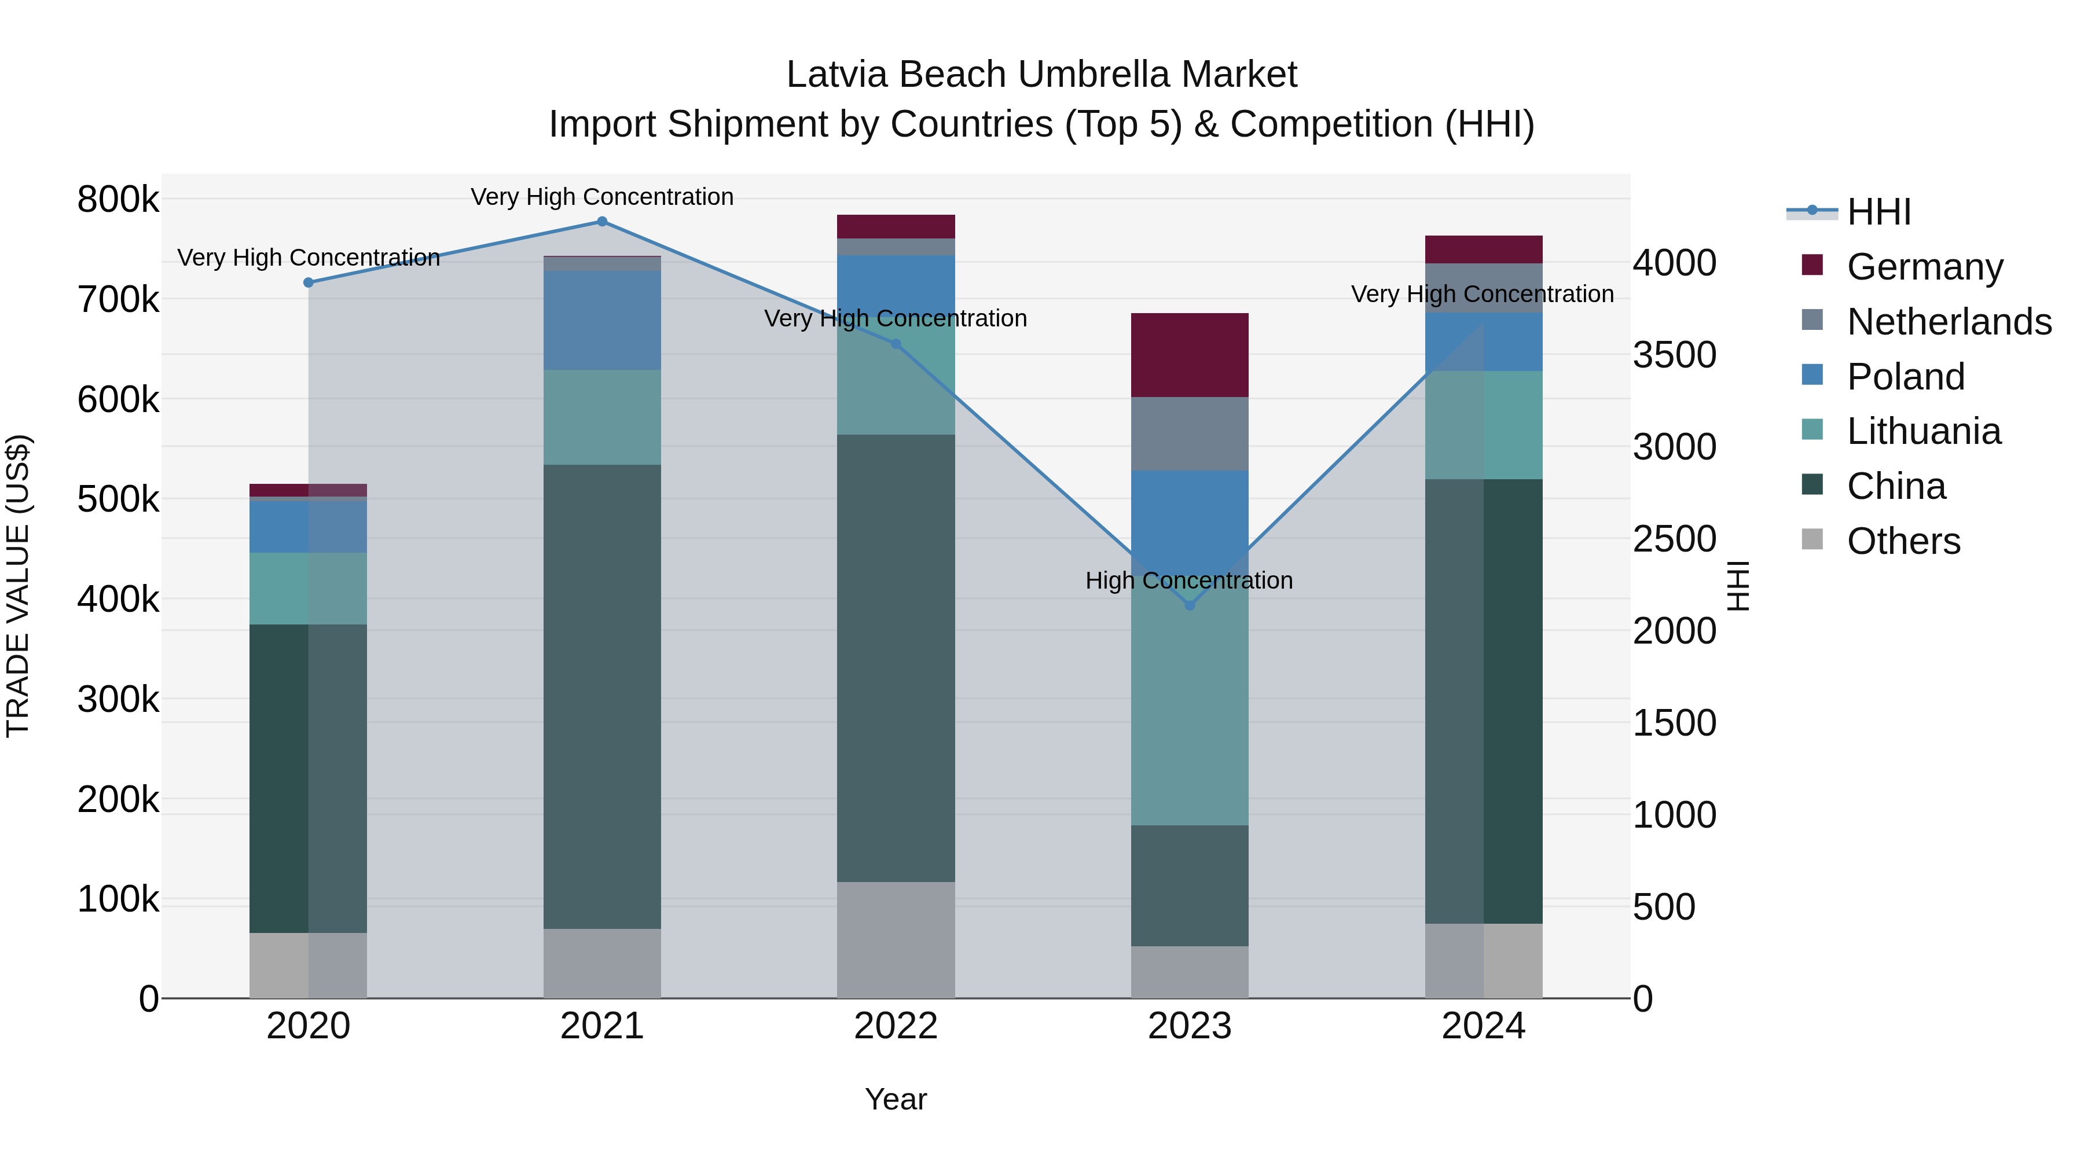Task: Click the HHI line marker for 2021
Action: tap(602, 222)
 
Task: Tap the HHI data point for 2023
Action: tap(1189, 605)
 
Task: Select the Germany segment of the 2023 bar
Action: tap(1189, 355)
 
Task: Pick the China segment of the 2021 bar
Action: tap(602, 696)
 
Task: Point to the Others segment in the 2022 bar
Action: tap(896, 940)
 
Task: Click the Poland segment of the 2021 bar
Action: tap(602, 320)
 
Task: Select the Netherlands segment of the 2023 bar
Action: tap(1189, 433)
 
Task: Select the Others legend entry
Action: tap(1903, 541)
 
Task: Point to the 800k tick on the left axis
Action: tap(118, 200)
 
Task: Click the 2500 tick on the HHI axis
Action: tap(1674, 539)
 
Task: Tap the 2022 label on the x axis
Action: tap(896, 1026)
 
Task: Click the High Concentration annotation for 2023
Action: tap(1188, 581)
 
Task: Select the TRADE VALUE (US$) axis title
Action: tap(18, 586)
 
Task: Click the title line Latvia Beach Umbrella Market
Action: tap(1041, 75)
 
